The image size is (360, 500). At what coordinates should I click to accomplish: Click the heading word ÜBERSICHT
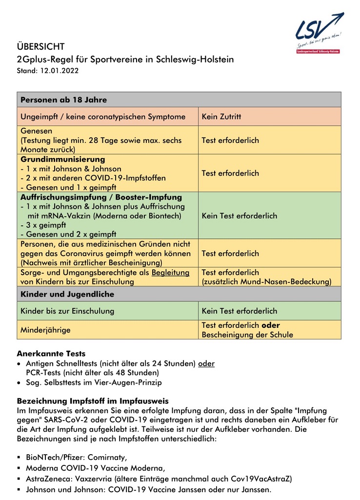(40, 47)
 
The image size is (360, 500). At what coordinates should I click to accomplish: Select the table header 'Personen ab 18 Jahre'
(63, 100)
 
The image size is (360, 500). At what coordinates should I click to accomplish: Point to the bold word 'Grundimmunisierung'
(62, 160)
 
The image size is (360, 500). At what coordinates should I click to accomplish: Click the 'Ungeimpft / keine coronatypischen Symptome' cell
(102, 117)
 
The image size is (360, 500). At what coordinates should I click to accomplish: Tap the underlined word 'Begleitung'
(170, 273)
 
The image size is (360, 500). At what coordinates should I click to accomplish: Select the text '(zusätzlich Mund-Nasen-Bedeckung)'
(266, 282)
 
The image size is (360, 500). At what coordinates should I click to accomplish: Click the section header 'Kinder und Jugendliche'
(67, 294)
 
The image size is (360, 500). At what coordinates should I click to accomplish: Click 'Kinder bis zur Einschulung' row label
(67, 311)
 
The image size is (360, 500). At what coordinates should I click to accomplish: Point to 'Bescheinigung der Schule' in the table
(247, 335)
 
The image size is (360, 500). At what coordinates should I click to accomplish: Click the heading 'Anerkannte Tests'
(51, 354)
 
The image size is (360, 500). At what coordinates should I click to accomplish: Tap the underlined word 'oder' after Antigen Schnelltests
(206, 364)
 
